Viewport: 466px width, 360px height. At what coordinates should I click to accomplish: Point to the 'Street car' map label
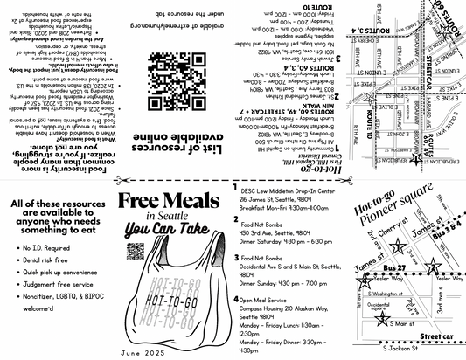click(x=435, y=336)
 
